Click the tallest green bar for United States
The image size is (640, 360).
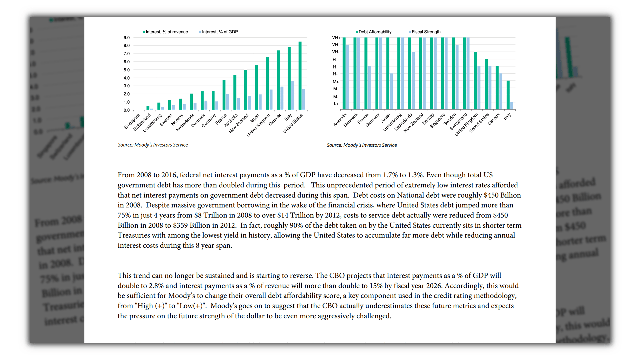point(300,76)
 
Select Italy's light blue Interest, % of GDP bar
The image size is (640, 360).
point(293,95)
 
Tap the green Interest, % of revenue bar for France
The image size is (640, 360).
point(224,95)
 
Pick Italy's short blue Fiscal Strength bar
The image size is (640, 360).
point(512,106)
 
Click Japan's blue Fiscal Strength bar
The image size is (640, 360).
point(391,91)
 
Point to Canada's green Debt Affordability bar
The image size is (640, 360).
point(497,88)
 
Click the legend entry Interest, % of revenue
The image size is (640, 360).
point(165,32)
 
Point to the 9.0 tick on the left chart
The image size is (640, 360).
point(127,38)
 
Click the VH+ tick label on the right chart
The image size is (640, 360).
point(336,38)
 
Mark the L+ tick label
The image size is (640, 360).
point(336,104)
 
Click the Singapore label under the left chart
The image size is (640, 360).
point(132,121)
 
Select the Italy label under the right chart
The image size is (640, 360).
point(507,117)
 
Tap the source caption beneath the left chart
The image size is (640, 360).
point(153,145)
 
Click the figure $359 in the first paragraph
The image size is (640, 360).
point(180,225)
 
